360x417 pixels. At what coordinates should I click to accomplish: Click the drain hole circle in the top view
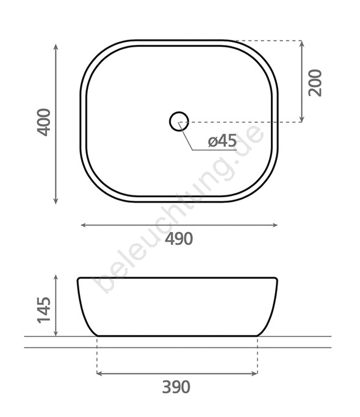[179, 112]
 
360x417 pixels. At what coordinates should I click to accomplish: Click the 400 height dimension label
[43, 122]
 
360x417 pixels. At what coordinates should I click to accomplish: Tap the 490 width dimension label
[179, 239]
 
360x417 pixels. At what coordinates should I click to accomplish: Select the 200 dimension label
[315, 82]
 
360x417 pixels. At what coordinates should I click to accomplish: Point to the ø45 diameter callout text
[222, 140]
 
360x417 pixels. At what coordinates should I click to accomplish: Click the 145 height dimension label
[43, 310]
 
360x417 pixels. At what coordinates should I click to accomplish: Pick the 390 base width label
[176, 387]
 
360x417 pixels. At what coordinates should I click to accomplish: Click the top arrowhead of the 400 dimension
[56, 47]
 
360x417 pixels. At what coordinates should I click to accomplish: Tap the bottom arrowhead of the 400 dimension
[56, 201]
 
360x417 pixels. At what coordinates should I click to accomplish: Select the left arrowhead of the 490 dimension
[84, 225]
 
